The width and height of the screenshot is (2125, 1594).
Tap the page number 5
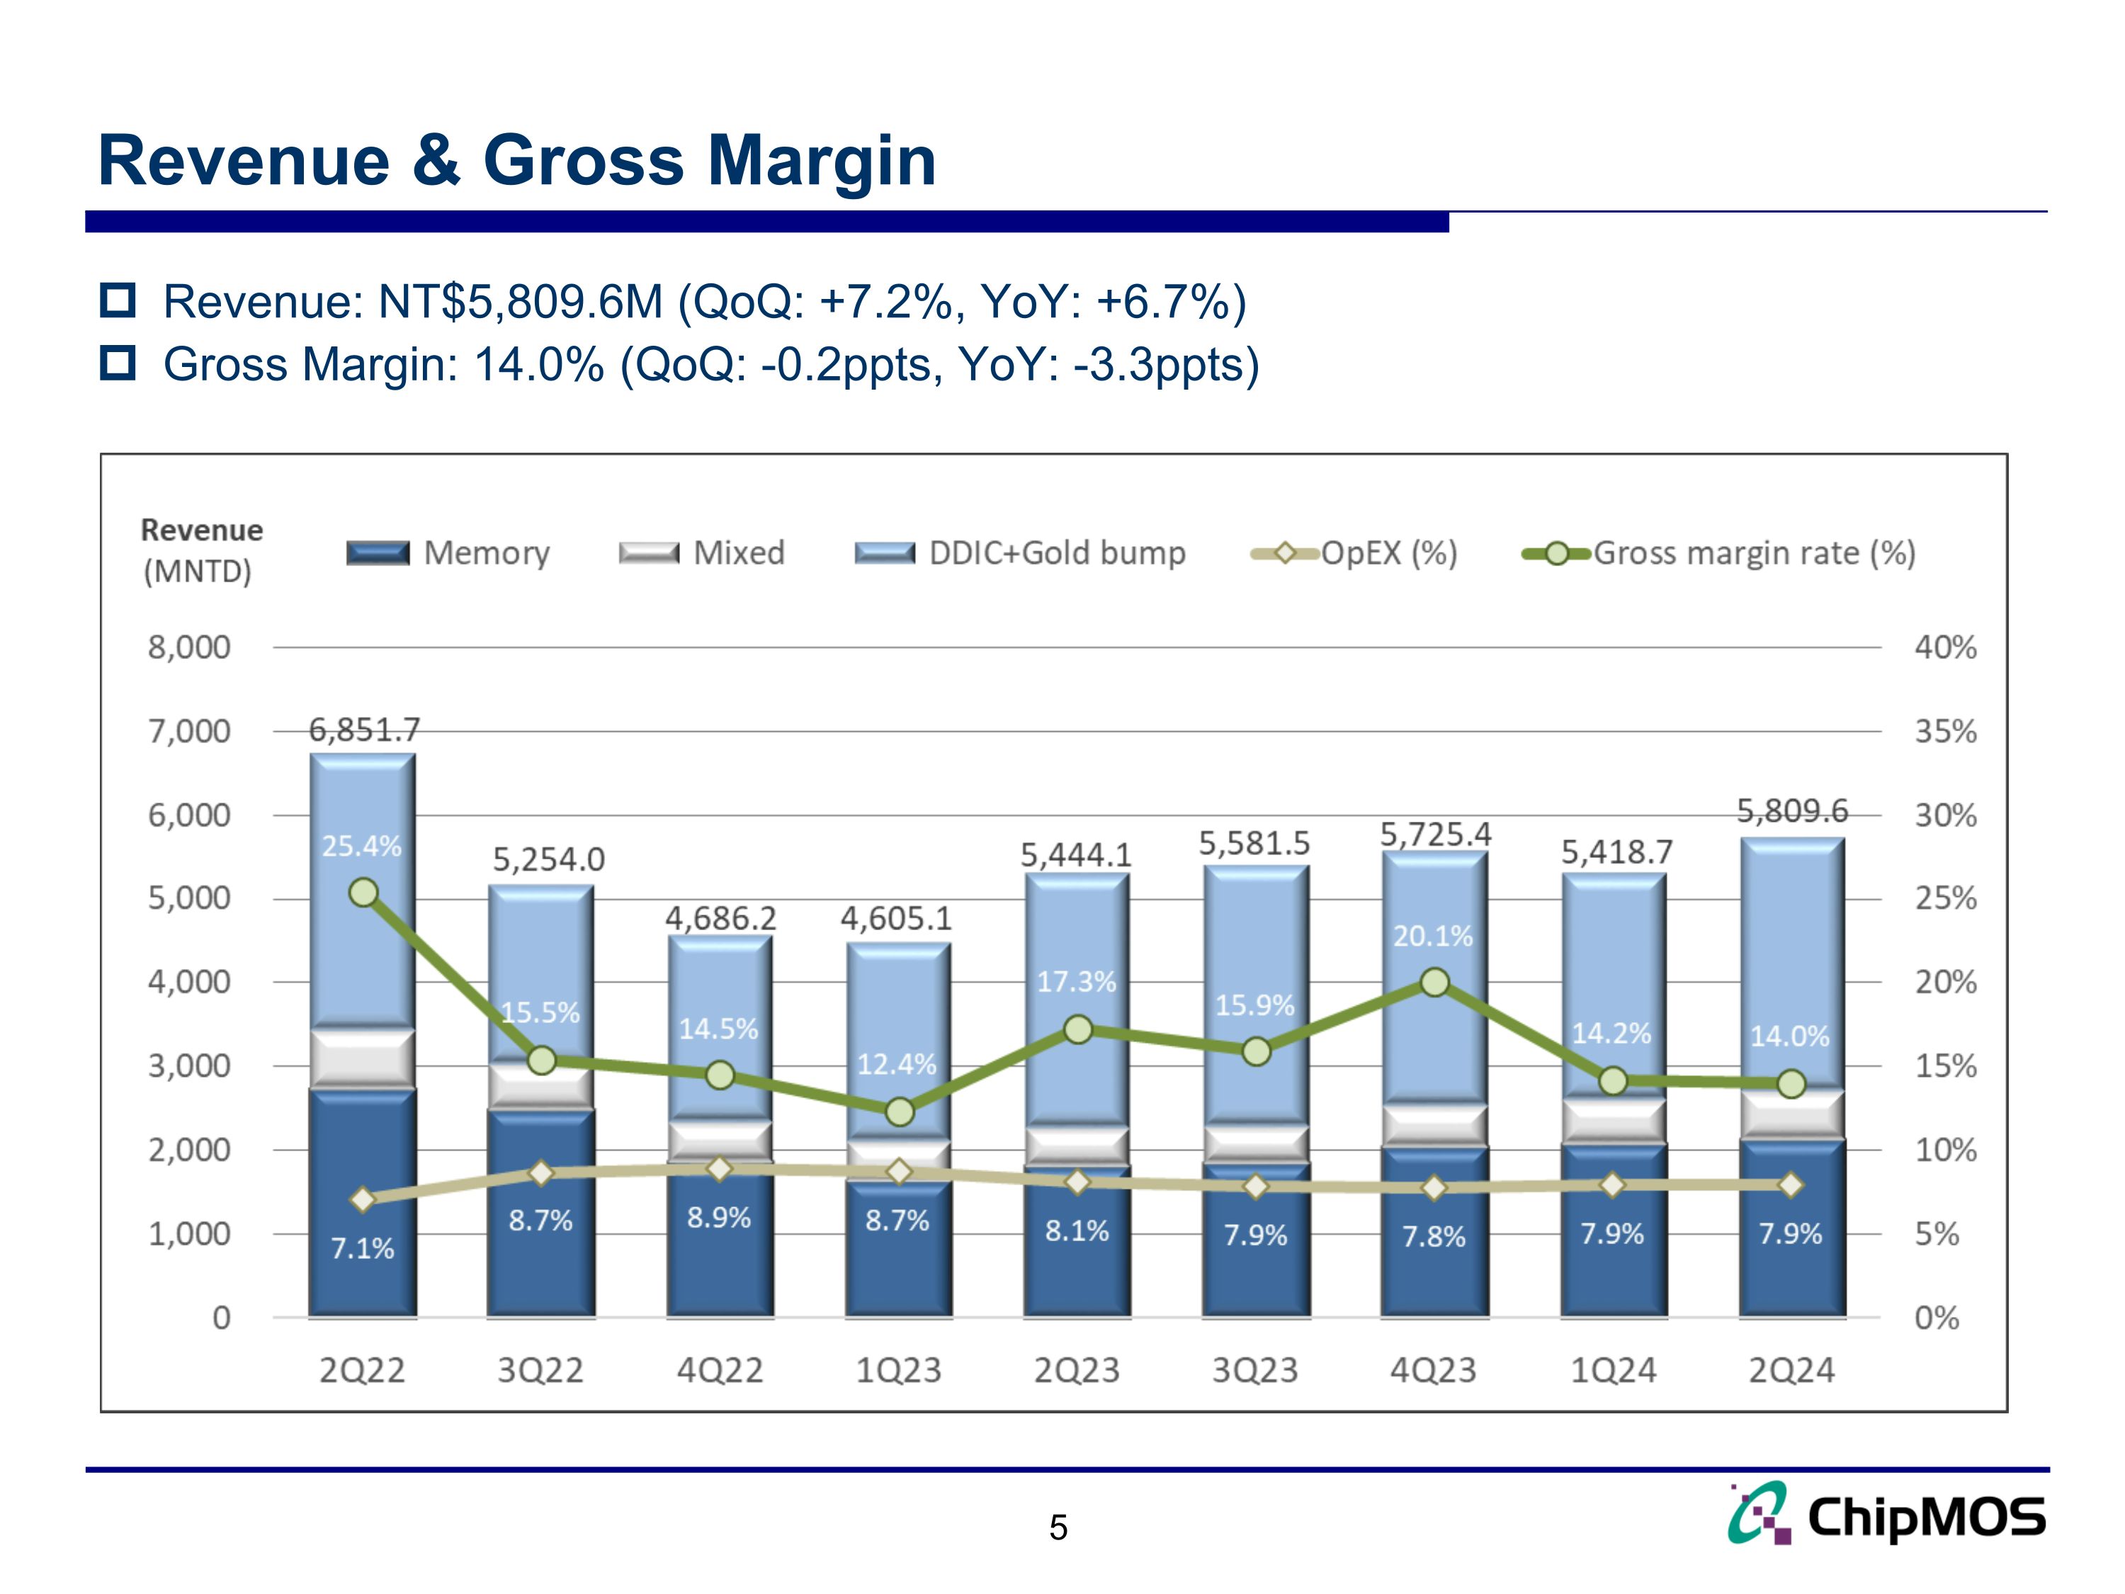pos(1058,1527)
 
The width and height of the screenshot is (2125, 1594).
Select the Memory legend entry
pos(448,553)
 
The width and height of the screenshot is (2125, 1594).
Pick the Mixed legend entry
pos(702,553)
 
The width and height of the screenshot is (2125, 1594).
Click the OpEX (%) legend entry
pos(1354,553)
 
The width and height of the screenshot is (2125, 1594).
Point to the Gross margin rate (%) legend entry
pos(1720,553)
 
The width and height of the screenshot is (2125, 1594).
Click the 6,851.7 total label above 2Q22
pos(364,730)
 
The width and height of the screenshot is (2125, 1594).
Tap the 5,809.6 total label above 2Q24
pos(1791,812)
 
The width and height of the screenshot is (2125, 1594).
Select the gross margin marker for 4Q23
pos(1434,982)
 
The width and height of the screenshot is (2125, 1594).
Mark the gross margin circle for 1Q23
pos(899,1112)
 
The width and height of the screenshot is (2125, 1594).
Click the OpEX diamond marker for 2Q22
pos(363,1199)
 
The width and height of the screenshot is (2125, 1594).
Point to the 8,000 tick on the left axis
pos(189,648)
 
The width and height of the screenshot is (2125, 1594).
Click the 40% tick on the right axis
pos(1945,648)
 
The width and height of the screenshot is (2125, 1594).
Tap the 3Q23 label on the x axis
pos(1254,1370)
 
